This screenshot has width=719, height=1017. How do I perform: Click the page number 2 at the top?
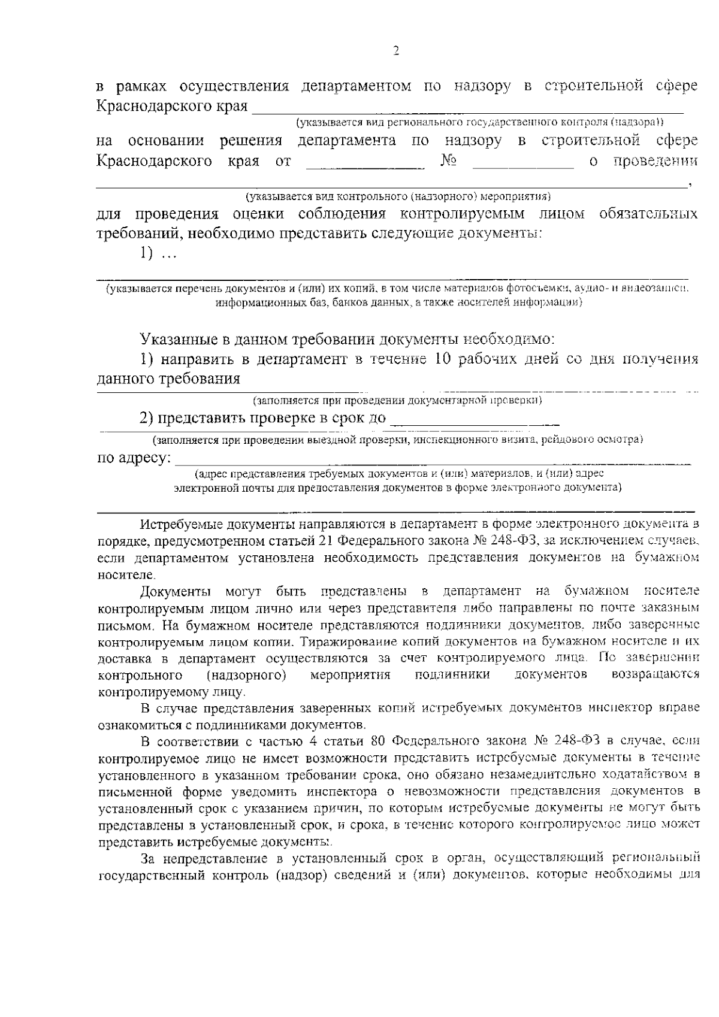395,51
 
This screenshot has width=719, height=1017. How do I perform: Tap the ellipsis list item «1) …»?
158,253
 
